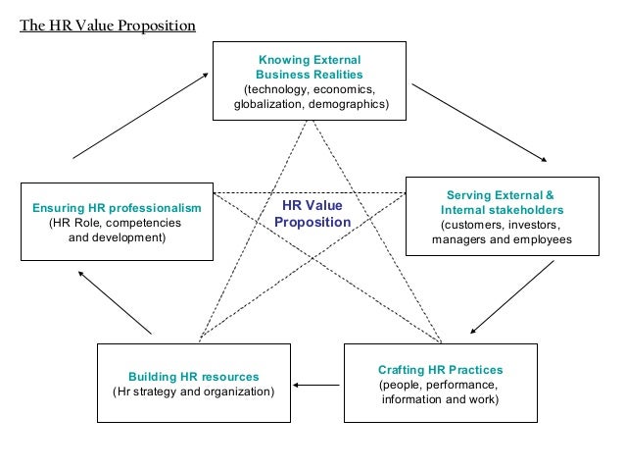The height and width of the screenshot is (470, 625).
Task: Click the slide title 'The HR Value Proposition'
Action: click(x=108, y=25)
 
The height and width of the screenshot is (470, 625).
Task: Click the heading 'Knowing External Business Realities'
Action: click(x=309, y=67)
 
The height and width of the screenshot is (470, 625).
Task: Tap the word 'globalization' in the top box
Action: click(x=267, y=104)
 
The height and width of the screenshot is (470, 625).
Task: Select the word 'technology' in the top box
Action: click(x=278, y=89)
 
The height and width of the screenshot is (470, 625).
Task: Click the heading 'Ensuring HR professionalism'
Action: click(x=117, y=208)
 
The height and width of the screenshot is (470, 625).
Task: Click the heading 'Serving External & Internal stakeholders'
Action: click(x=501, y=202)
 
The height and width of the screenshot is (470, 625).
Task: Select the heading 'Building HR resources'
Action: click(x=194, y=377)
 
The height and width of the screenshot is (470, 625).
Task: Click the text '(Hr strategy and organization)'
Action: click(x=194, y=392)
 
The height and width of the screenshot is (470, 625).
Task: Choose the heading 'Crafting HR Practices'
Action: click(x=440, y=370)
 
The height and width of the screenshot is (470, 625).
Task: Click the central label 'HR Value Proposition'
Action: click(x=312, y=214)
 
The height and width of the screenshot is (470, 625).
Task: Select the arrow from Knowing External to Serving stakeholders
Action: click(x=479, y=122)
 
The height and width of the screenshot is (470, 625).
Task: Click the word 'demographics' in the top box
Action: click(x=346, y=104)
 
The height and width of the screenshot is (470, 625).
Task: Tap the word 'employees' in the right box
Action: click(x=542, y=239)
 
